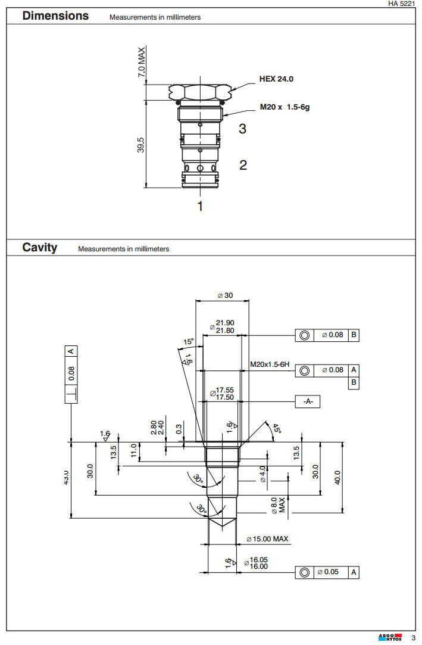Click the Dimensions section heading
pos(55,16)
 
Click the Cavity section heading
pos(40,247)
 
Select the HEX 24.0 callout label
pos(276,79)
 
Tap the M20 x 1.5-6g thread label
pos(285,108)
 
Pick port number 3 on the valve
pos(242,129)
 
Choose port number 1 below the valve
pos(201,206)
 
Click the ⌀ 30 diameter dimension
pos(224,295)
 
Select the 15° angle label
pos(188,342)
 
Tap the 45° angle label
pos(276,429)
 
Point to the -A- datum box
pos(308,401)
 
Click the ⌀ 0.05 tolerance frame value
pos(329,572)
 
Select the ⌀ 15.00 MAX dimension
pos(267,539)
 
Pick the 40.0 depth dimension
pos(338,477)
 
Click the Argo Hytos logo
pos(390,638)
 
